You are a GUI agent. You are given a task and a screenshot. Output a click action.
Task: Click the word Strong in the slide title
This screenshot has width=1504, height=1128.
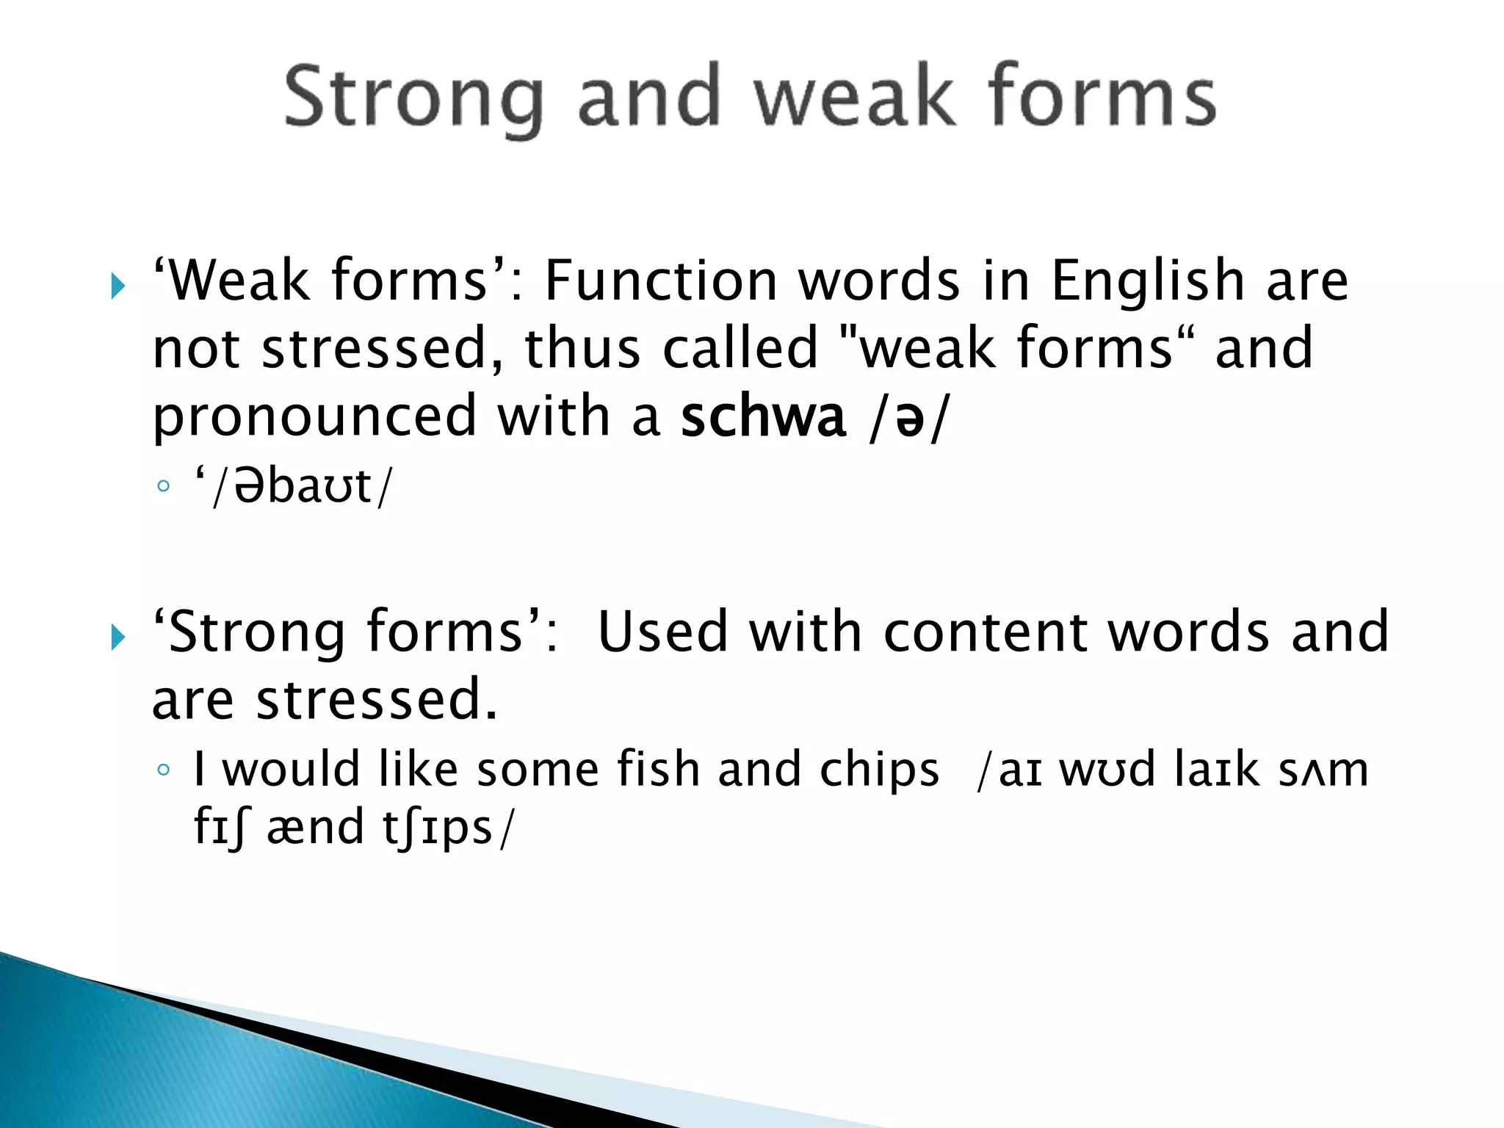pos(413,98)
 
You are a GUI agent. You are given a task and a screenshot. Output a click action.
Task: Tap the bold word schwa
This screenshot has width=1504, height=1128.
pos(764,416)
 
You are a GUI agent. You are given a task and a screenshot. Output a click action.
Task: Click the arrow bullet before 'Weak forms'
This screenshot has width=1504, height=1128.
pos(118,286)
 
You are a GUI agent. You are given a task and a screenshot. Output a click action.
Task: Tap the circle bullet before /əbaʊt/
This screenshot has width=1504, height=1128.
pos(163,486)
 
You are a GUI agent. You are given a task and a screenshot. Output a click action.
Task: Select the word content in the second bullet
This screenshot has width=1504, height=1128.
pos(984,632)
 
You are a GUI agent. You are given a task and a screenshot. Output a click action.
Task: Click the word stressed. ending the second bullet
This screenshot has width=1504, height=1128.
pos(376,700)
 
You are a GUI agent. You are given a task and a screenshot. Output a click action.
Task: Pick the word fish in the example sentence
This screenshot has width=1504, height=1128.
pos(657,769)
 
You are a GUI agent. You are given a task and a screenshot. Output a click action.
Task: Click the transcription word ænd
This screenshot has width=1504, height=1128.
pos(315,828)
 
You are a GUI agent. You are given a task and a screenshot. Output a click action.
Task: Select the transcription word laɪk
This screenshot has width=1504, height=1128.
pos(1216,770)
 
